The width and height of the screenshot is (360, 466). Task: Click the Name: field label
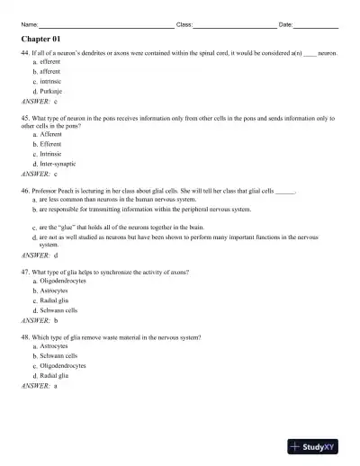pyautogui.click(x=29, y=24)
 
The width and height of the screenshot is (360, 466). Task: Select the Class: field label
pyautogui.click(x=184, y=24)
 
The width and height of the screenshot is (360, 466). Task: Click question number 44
pyautogui.click(x=24, y=54)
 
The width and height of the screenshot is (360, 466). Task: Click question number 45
pyautogui.click(x=24, y=118)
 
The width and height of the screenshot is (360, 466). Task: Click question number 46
pyautogui.click(x=24, y=193)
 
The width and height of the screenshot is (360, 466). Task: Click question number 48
pyautogui.click(x=24, y=336)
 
